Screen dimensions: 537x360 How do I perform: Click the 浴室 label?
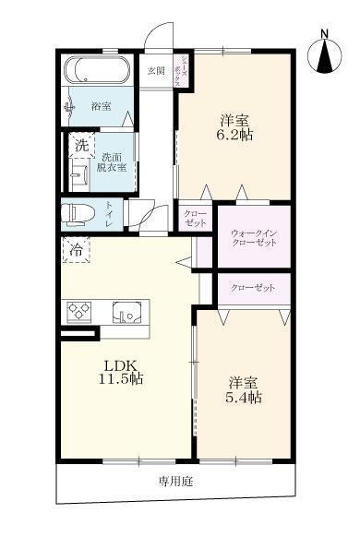(x=102, y=107)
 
